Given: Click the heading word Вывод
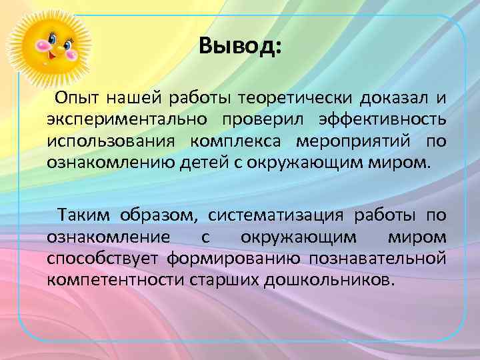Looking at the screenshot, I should tap(239, 47).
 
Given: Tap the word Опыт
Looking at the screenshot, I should tap(75, 99).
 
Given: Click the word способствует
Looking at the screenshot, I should tap(104, 257).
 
